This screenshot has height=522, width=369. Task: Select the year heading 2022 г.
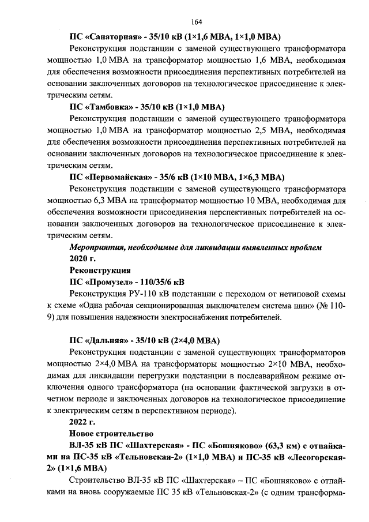point(82,421)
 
